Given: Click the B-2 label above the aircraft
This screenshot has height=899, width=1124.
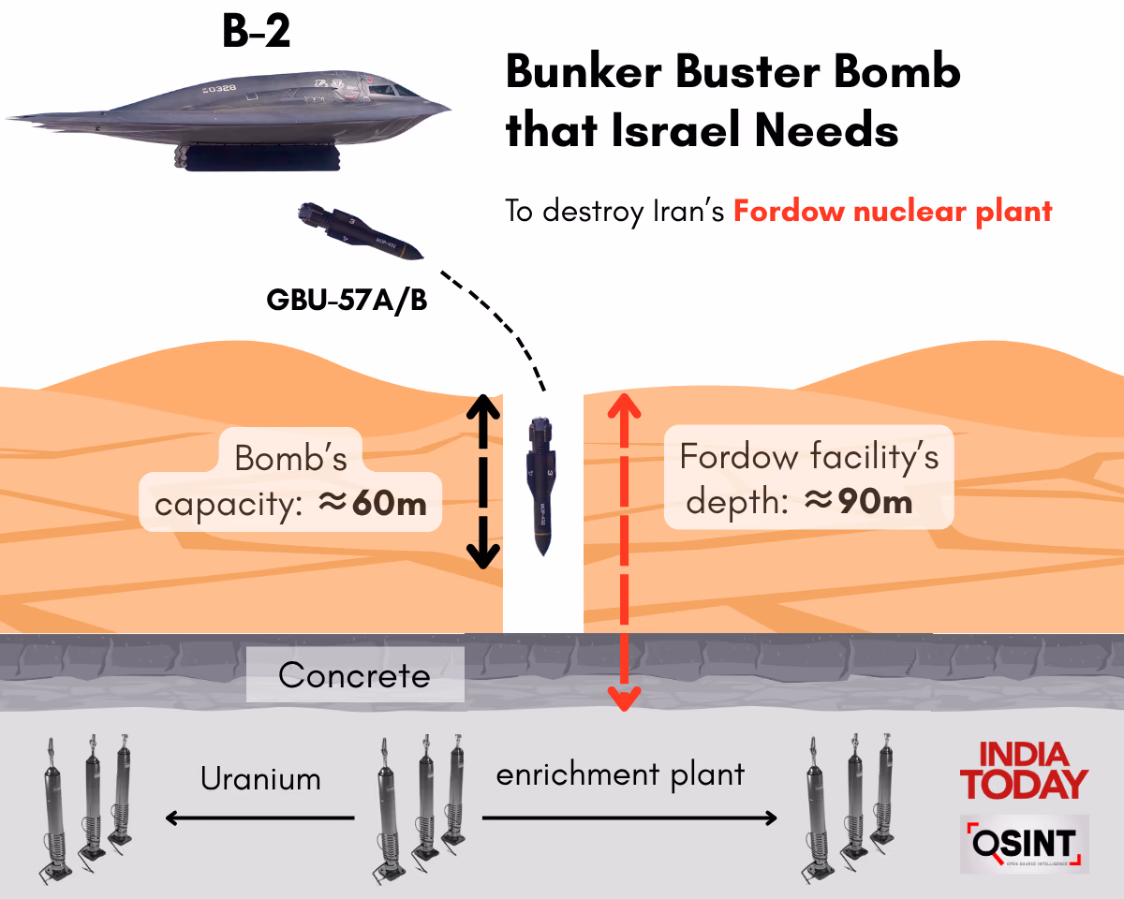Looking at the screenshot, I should [256, 33].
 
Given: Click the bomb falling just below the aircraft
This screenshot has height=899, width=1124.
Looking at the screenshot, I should [358, 230].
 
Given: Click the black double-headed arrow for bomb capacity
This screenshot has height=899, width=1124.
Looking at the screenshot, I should [481, 482].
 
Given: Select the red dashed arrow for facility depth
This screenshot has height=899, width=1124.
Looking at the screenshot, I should [625, 553].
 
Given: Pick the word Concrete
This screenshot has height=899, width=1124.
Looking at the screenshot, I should [354, 675].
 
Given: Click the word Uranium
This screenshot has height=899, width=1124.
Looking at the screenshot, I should [261, 779].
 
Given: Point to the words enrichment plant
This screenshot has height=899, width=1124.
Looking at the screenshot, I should [620, 775].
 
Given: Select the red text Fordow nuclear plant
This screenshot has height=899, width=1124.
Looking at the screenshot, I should [893, 211].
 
